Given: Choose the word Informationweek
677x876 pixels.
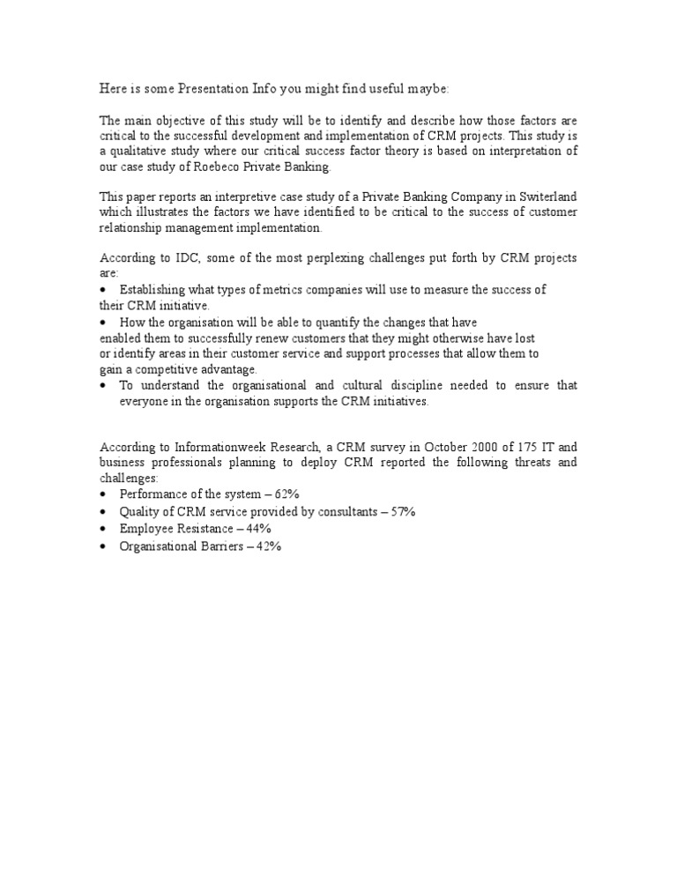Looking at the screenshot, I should pyautogui.click(x=212, y=447).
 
